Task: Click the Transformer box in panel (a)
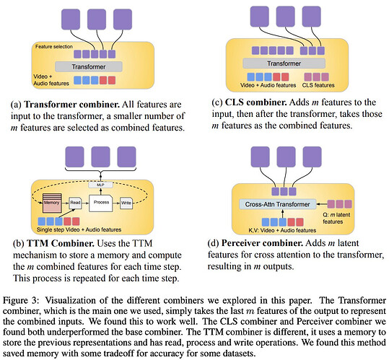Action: pyautogui.click(x=89, y=66)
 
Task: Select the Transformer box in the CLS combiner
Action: pyautogui.click(x=284, y=63)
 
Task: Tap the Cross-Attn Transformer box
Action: pyautogui.click(x=277, y=204)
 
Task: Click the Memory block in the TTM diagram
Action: pyautogui.click(x=52, y=203)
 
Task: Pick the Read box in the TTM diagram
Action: pyautogui.click(x=75, y=203)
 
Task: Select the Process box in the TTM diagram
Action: pyautogui.click(x=101, y=203)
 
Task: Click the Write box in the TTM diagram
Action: pyautogui.click(x=126, y=203)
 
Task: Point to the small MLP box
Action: pyautogui.click(x=100, y=185)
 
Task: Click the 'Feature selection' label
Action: pyautogui.click(x=54, y=47)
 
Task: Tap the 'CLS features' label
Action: pyautogui.click(x=318, y=85)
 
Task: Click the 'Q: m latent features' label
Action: pyautogui.click(x=336, y=218)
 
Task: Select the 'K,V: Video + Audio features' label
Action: pyautogui.click(x=282, y=230)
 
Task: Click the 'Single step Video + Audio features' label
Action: pyautogui.click(x=79, y=229)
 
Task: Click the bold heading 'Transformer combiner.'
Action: pyautogui.click(x=72, y=105)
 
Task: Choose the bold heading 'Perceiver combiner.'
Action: pyautogui.click(x=262, y=243)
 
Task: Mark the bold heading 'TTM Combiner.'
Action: pyautogui.click(x=61, y=243)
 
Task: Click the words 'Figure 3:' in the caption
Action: pyautogui.click(x=21, y=301)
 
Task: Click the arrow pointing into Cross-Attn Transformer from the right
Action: pyautogui.click(x=322, y=204)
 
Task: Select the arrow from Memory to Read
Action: pyautogui.click(x=65, y=203)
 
